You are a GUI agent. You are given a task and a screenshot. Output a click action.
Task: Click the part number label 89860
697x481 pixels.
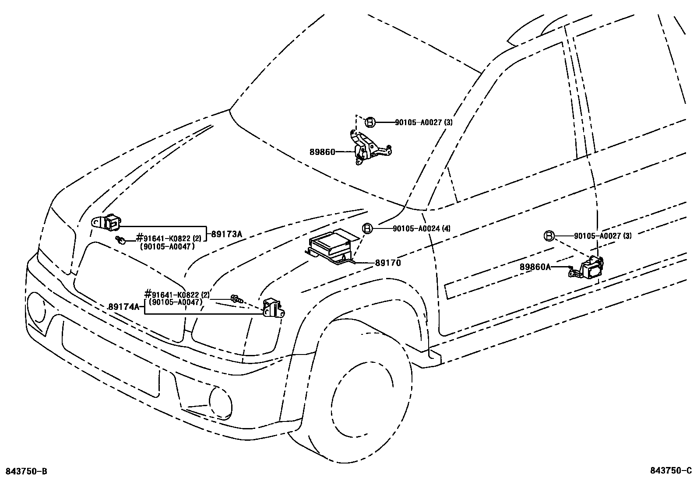[x=322, y=152]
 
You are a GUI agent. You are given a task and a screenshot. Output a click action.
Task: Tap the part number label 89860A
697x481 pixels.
[x=535, y=267]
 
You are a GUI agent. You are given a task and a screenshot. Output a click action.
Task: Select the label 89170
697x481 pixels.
[x=387, y=263]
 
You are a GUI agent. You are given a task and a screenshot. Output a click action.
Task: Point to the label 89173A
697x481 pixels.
[x=226, y=234]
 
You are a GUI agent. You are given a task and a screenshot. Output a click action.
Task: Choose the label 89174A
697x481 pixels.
[x=123, y=307]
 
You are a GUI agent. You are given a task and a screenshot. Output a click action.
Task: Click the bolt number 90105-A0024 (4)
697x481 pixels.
[x=421, y=228]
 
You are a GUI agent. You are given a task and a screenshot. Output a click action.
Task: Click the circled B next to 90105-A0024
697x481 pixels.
[x=367, y=228]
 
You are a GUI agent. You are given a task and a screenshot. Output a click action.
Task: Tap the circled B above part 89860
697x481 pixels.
[x=370, y=123]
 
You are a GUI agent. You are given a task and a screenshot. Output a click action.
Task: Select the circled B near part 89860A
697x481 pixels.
[x=549, y=236]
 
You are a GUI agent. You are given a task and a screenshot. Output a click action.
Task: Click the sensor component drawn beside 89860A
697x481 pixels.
[x=589, y=268]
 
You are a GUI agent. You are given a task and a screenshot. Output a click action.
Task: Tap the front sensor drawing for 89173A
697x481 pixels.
[x=108, y=222]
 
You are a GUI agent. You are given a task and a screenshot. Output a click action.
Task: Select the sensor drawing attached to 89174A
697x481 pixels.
[x=273, y=307]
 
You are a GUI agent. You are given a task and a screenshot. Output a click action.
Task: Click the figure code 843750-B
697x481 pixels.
[x=26, y=471]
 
